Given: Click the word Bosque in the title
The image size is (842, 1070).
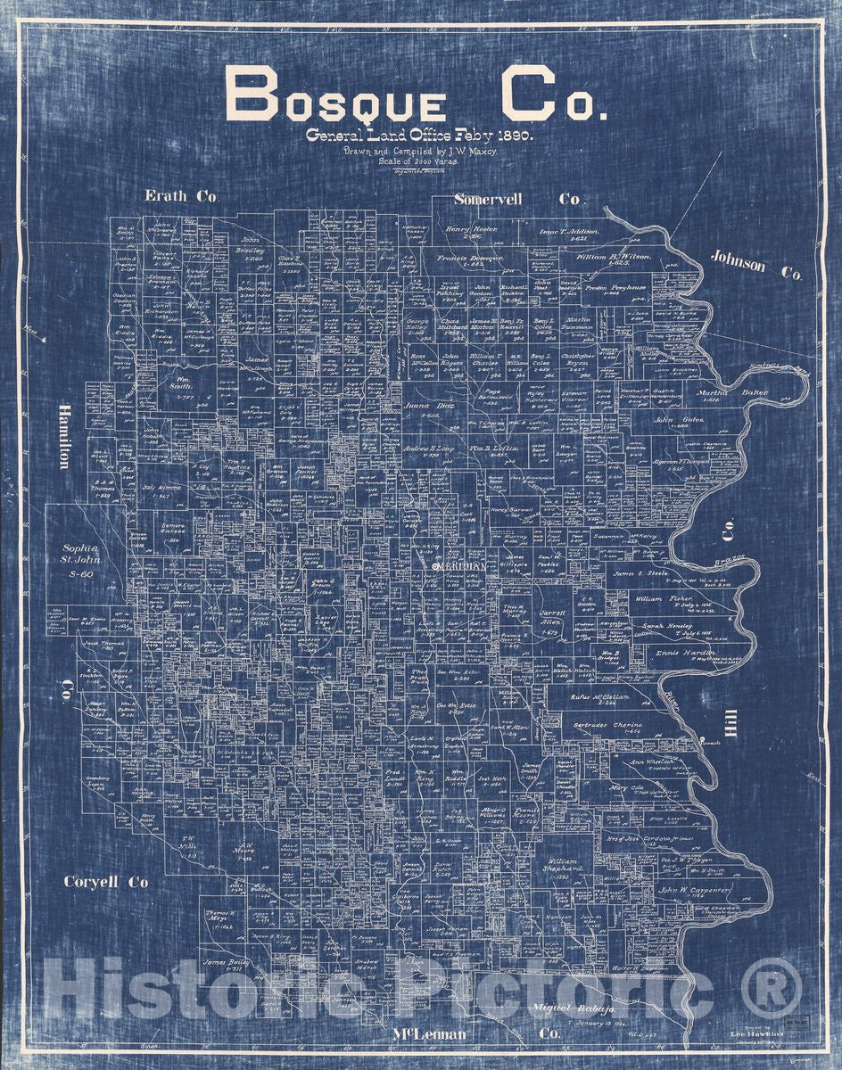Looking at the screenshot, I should pos(335,95).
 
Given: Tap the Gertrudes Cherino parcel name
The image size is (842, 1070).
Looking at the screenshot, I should pos(607,726).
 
